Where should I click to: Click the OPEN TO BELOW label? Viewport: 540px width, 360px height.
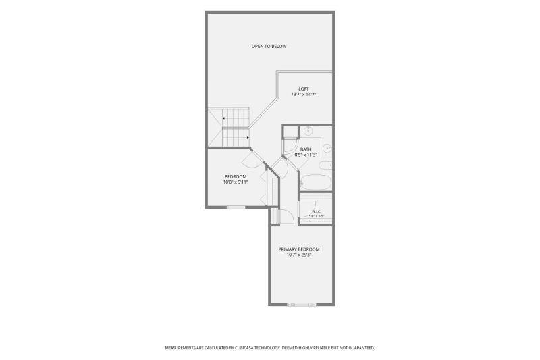[x=269, y=46]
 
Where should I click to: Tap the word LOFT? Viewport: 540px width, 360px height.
[x=304, y=89]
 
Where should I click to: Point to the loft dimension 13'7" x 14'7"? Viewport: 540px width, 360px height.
[x=304, y=94]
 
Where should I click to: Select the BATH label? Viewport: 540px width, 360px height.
[x=306, y=149]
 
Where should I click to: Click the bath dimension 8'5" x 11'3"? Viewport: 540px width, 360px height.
[x=306, y=155]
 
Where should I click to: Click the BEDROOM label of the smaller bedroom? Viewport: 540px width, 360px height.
[x=236, y=177]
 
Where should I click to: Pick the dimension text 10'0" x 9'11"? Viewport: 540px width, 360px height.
[x=236, y=182]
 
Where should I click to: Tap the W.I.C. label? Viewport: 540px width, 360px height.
[x=316, y=211]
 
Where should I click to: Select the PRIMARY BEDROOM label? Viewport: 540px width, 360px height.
[x=299, y=249]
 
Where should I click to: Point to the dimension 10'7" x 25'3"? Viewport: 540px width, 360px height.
[x=299, y=255]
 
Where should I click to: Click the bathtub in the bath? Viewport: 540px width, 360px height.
[x=315, y=182]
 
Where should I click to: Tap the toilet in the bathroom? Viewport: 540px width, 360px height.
[x=325, y=165]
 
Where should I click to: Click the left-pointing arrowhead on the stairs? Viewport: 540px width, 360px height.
[x=223, y=118]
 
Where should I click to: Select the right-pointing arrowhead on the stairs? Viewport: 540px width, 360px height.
[x=248, y=138]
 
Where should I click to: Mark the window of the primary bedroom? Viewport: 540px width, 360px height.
[x=302, y=305]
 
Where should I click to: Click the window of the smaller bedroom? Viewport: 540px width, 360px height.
[x=236, y=207]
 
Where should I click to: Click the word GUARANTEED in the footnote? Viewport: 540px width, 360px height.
[x=362, y=348]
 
